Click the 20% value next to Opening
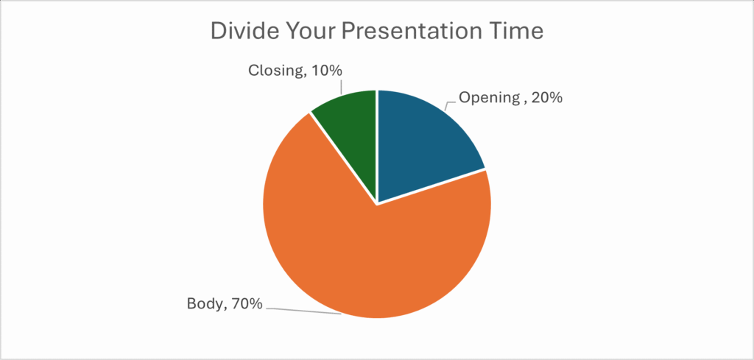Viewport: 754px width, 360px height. point(546,97)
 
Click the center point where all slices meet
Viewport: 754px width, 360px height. point(377,204)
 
